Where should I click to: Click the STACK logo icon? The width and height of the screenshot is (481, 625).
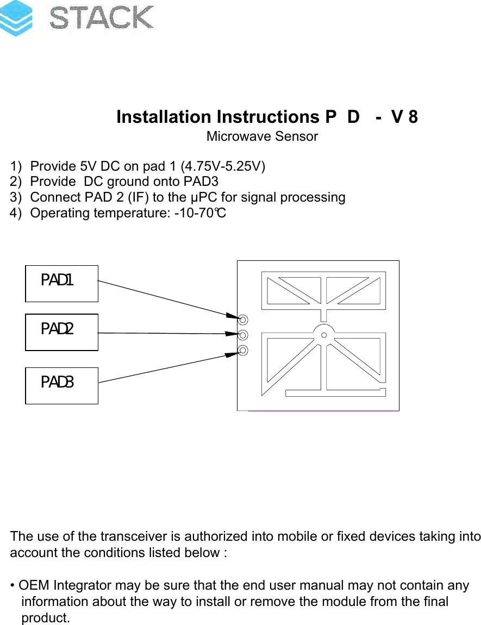pyautogui.click(x=16, y=18)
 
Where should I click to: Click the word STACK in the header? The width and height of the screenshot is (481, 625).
pyautogui.click(x=102, y=18)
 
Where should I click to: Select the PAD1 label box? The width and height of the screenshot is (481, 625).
pyautogui.click(x=61, y=283)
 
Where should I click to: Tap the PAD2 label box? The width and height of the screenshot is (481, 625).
pyautogui.click(x=61, y=332)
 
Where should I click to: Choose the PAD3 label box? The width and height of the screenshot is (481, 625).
pyautogui.click(x=61, y=385)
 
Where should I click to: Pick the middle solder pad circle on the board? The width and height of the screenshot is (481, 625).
pyautogui.click(x=243, y=335)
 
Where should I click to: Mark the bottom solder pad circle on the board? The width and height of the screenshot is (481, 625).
pyautogui.click(x=243, y=350)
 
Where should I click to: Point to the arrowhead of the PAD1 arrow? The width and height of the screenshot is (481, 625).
pyautogui.click(x=232, y=316)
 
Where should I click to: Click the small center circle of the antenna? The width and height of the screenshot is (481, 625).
pyautogui.click(x=324, y=335)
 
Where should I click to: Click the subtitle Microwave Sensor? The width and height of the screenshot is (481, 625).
pyautogui.click(x=262, y=136)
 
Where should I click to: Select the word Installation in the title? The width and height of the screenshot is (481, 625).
pyautogui.click(x=164, y=117)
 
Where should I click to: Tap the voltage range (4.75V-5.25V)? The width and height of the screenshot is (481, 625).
pyautogui.click(x=223, y=166)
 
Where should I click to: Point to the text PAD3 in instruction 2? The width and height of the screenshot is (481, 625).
pyautogui.click(x=201, y=182)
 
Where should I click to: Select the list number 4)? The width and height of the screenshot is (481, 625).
pyautogui.click(x=17, y=213)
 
